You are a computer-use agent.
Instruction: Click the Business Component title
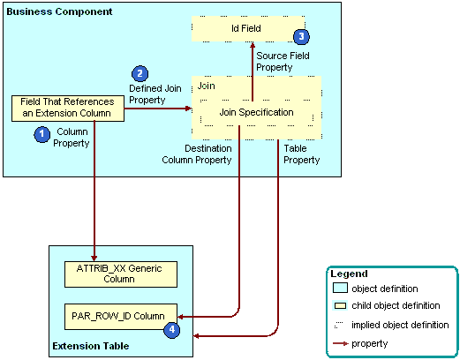pyautogui.click(x=60, y=11)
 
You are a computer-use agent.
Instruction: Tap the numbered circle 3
pyautogui.click(x=302, y=36)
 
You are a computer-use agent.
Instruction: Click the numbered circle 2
pyautogui.click(x=139, y=74)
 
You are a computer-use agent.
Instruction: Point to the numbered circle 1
pyautogui.click(x=41, y=133)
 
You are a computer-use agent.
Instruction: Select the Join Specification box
pyautogui.click(x=256, y=112)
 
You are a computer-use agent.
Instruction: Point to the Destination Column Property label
pyautogui.click(x=195, y=154)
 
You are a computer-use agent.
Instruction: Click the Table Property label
pyautogui.click(x=301, y=154)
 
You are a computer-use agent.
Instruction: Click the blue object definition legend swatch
pyautogui.click(x=339, y=289)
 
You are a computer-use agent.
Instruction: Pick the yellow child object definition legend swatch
pyautogui.click(x=339, y=306)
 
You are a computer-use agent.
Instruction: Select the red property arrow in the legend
pyautogui.click(x=339, y=343)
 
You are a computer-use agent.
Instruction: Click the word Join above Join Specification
pyautogui.click(x=207, y=86)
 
